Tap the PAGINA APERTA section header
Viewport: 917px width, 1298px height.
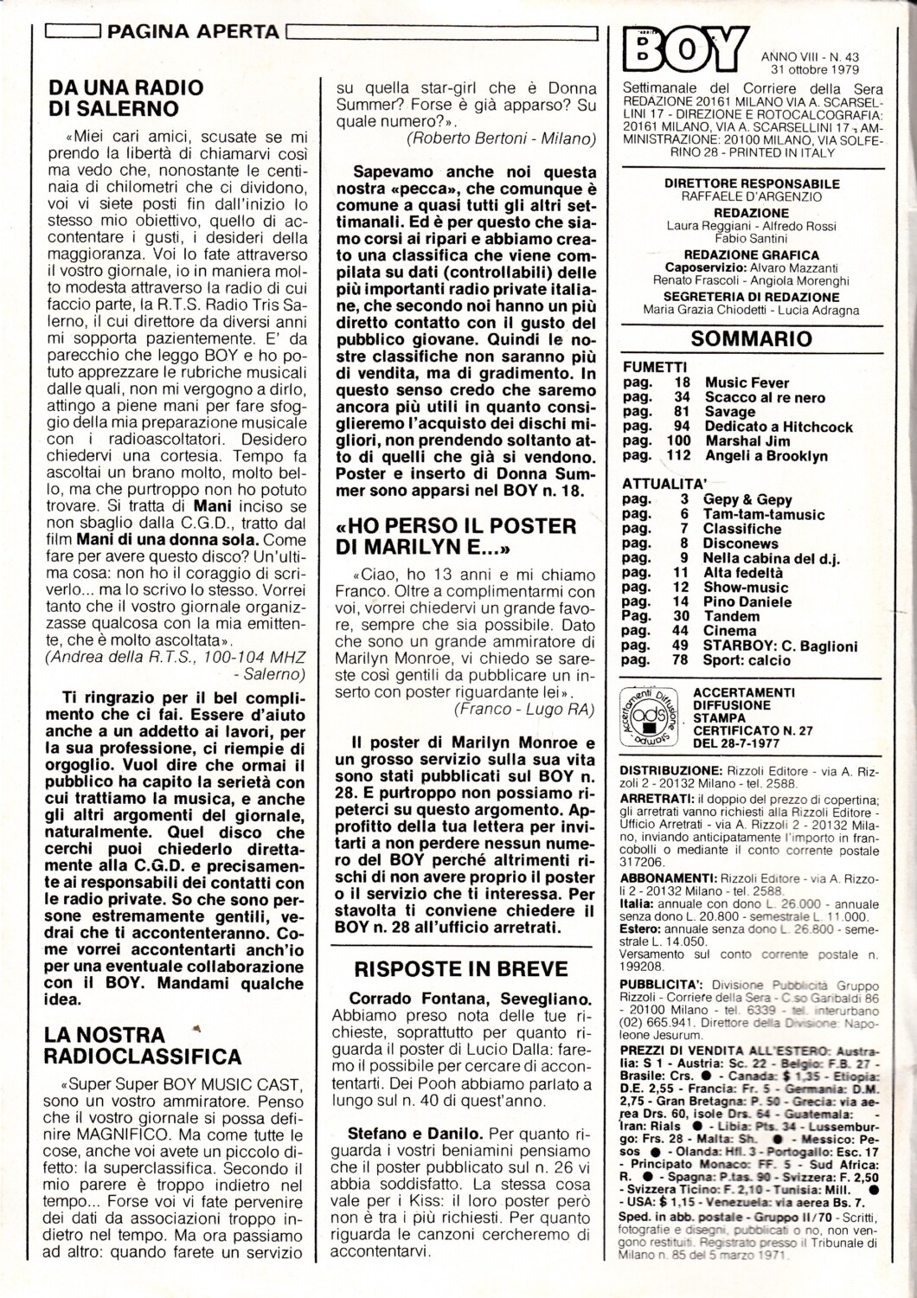click(x=195, y=32)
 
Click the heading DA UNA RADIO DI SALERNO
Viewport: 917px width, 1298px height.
click(x=125, y=98)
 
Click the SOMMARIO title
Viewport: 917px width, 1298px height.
click(x=739, y=339)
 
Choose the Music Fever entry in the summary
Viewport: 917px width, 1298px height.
click(x=747, y=382)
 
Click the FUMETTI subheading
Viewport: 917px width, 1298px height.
click(x=655, y=367)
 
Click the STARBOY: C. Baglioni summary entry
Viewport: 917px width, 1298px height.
click(x=780, y=646)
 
